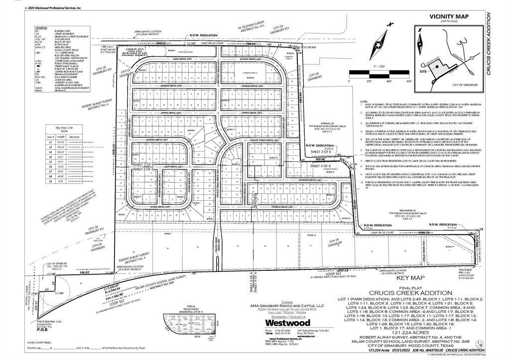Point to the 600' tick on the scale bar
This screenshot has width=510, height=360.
click(x=408, y=81)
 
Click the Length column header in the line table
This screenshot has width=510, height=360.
click(x=61, y=136)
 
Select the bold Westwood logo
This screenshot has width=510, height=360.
click(x=291, y=322)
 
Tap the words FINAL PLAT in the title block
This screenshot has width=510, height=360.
click(x=409, y=288)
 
